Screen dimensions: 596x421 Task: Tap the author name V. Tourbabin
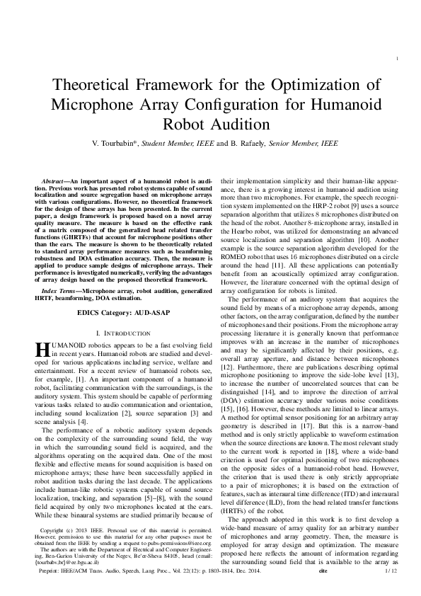pos(114,144)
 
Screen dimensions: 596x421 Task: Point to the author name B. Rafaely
pos(246,144)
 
